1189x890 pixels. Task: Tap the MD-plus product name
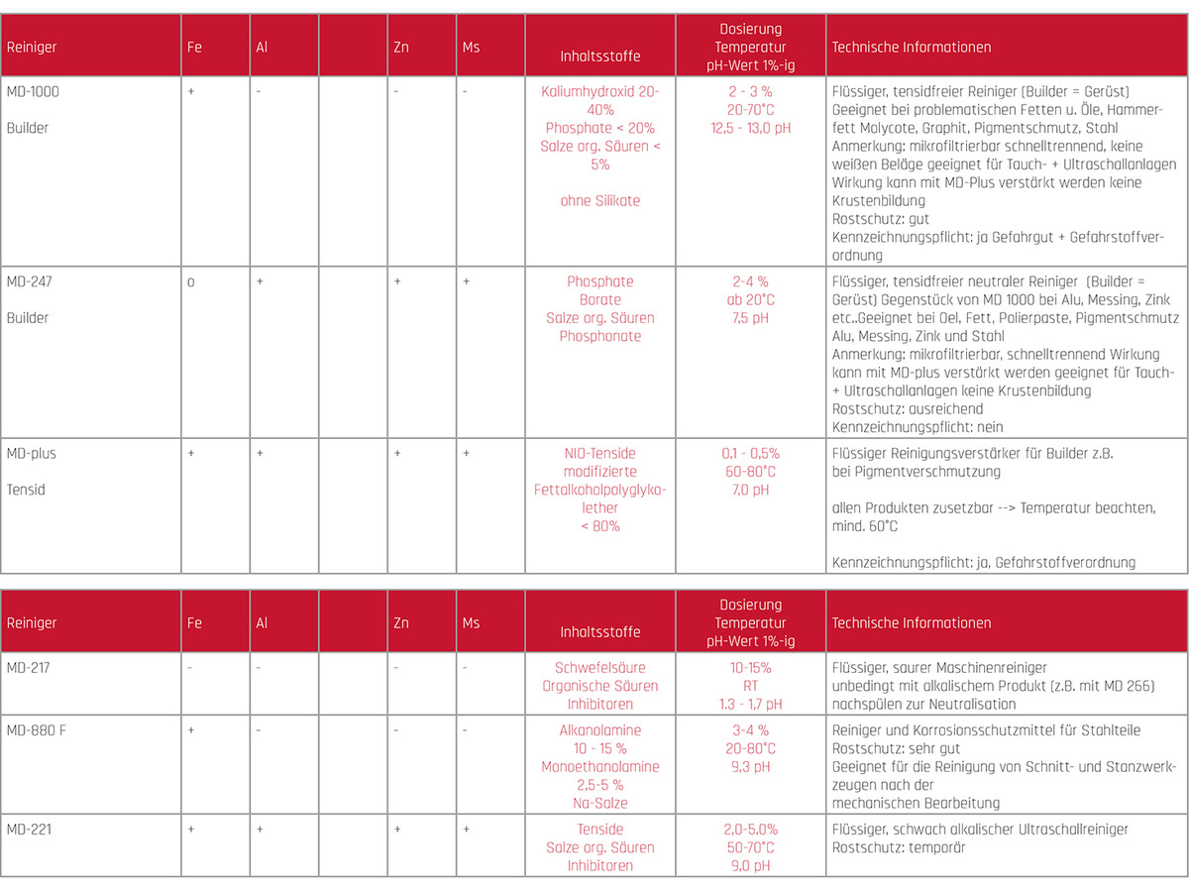pos(31,453)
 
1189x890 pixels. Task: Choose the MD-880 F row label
pos(35,730)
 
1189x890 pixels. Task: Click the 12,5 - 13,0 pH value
pos(750,128)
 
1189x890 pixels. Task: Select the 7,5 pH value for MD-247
pos(750,318)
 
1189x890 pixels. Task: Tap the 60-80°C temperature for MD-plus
pos(750,471)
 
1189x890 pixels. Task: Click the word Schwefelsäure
pos(599,667)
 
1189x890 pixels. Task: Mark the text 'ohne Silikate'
pos(599,200)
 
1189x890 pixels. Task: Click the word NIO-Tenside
pos(599,453)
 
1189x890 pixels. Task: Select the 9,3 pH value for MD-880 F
pos(750,766)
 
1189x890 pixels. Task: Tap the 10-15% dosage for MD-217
pos(750,667)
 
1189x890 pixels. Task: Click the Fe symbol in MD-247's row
pos(190,282)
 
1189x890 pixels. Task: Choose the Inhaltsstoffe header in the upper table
pos(599,56)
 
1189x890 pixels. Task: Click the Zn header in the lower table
pos(400,622)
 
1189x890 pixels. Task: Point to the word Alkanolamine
pos(599,730)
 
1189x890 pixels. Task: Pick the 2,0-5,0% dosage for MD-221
pos(750,829)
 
